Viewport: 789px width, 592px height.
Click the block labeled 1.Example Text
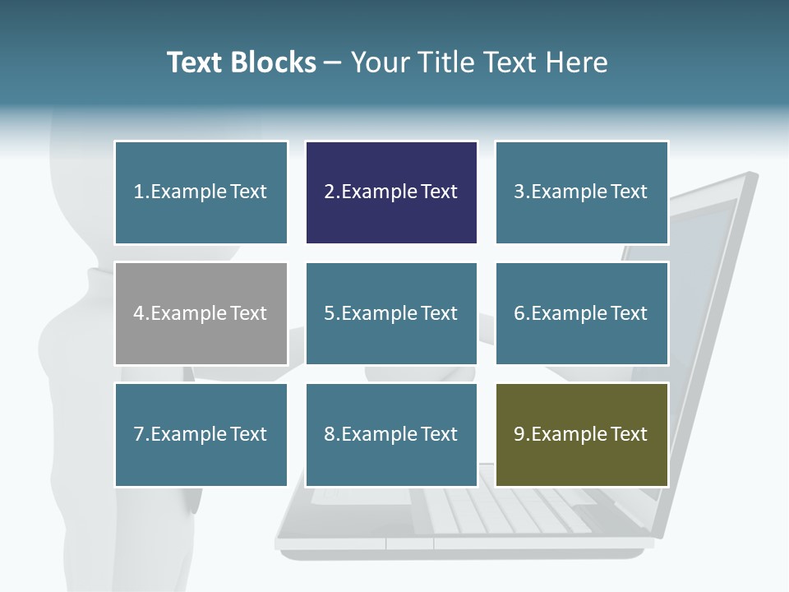(201, 192)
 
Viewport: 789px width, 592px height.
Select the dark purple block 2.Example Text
(391, 192)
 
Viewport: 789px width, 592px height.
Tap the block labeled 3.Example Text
(581, 192)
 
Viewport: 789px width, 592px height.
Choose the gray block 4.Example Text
(201, 313)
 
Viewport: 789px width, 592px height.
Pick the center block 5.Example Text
(391, 313)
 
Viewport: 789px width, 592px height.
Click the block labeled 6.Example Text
(581, 313)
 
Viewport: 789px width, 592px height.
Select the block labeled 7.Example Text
(201, 434)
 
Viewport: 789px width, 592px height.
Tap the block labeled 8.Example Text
(391, 434)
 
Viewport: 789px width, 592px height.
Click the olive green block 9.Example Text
(581, 434)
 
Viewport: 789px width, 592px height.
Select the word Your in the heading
(379, 62)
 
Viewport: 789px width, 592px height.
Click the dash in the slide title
(333, 62)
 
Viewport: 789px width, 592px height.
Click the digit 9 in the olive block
(519, 434)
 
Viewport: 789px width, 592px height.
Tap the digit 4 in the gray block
(138, 313)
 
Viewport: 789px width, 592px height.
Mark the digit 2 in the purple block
(329, 192)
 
